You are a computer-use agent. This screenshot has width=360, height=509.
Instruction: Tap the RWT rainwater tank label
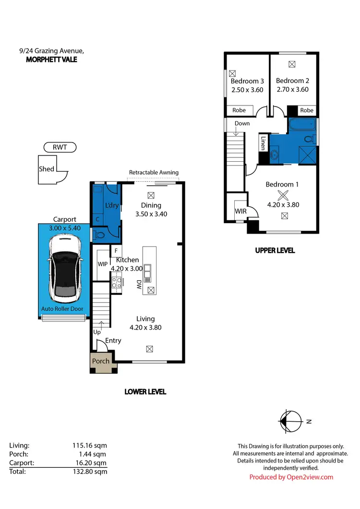pyautogui.click(x=60, y=148)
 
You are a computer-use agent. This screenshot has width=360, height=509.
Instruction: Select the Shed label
pyautogui.click(x=47, y=169)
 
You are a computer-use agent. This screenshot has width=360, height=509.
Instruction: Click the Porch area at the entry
pyautogui.click(x=101, y=361)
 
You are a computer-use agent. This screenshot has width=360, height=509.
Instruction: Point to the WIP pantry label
pyautogui.click(x=103, y=264)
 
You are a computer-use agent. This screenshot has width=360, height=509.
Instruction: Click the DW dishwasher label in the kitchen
pyautogui.click(x=139, y=284)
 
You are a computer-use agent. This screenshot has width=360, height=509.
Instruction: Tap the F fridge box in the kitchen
pyautogui.click(x=116, y=250)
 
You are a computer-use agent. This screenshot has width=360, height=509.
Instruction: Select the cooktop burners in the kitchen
pyautogui.click(x=116, y=283)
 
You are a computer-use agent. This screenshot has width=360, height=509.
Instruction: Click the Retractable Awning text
pyautogui.click(x=154, y=172)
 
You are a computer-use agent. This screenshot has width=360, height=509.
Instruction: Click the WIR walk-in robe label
pyautogui.click(x=240, y=211)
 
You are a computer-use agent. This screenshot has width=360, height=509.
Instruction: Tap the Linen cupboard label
pyautogui.click(x=263, y=142)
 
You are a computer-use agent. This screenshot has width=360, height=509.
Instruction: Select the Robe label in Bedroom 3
pyautogui.click(x=239, y=110)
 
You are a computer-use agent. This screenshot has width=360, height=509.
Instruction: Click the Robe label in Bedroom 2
pyautogui.click(x=306, y=110)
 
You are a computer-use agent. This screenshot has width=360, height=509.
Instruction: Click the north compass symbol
pyautogui.click(x=290, y=421)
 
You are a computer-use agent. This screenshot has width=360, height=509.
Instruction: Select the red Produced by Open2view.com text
pyautogui.click(x=291, y=477)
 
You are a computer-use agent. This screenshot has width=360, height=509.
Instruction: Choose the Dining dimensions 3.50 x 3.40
pyautogui.click(x=151, y=214)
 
